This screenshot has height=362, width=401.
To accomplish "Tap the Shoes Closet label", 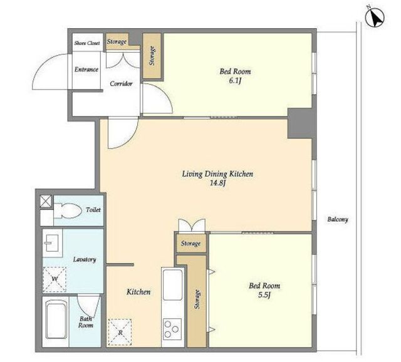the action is [x=87, y=43].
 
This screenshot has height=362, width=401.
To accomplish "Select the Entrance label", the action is [x=86, y=70].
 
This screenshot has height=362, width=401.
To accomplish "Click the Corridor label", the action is [x=121, y=83].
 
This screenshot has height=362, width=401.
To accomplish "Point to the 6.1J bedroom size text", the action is [x=235, y=81].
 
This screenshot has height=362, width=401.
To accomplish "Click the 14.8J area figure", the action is [x=217, y=184].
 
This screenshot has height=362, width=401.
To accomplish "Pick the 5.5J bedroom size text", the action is [x=264, y=295].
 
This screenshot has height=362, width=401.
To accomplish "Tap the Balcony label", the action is [x=338, y=219].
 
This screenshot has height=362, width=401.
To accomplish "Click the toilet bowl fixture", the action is [x=67, y=210].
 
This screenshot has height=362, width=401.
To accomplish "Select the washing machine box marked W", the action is [x=55, y=279].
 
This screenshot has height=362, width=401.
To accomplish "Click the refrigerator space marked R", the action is [x=120, y=332].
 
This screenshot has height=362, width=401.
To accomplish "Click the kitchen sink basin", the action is [x=173, y=284].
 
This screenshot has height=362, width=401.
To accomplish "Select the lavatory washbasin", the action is [x=52, y=243].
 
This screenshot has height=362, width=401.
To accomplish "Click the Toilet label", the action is [x=93, y=210].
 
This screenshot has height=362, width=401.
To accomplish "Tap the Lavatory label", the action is [x=85, y=259].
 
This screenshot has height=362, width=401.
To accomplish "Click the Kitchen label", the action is [x=138, y=292].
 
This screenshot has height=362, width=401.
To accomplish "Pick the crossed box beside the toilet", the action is [x=46, y=201].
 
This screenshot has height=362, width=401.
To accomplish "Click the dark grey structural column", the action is [x=300, y=123].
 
